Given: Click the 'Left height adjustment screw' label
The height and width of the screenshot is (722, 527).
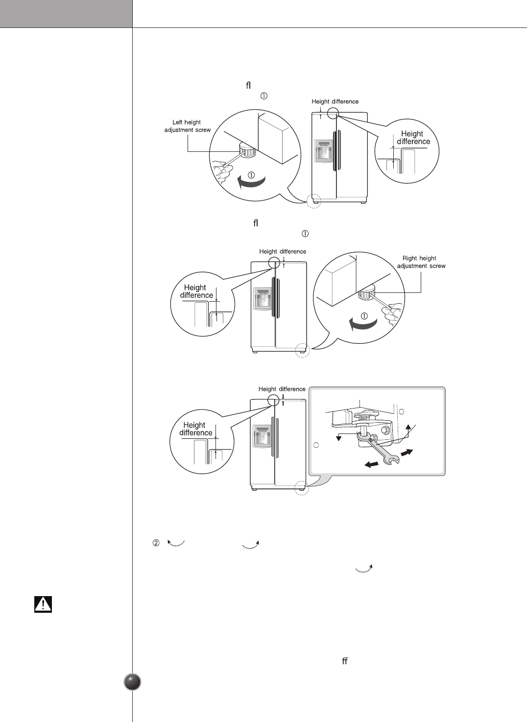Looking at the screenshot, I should tap(187, 126).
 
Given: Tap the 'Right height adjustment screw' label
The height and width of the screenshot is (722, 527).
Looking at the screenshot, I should tap(421, 262).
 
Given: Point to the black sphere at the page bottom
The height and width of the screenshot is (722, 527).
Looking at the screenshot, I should tap(133, 682).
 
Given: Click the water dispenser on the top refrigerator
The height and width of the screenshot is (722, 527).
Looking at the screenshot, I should tap(323, 151).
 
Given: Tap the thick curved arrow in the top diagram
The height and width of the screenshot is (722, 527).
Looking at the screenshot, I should tap(251, 183).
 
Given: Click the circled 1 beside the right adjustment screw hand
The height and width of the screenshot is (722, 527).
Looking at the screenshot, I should tap(364, 314).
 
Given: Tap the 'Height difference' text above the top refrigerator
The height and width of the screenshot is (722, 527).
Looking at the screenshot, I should tap(335, 102).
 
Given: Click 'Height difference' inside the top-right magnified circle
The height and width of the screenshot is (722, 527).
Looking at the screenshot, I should tap(413, 138).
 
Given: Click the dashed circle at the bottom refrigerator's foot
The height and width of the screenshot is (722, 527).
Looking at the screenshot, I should tap(302, 487).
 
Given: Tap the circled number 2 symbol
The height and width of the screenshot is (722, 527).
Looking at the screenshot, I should tap(156, 543).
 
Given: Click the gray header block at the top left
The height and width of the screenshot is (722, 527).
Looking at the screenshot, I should tap(66, 14).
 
